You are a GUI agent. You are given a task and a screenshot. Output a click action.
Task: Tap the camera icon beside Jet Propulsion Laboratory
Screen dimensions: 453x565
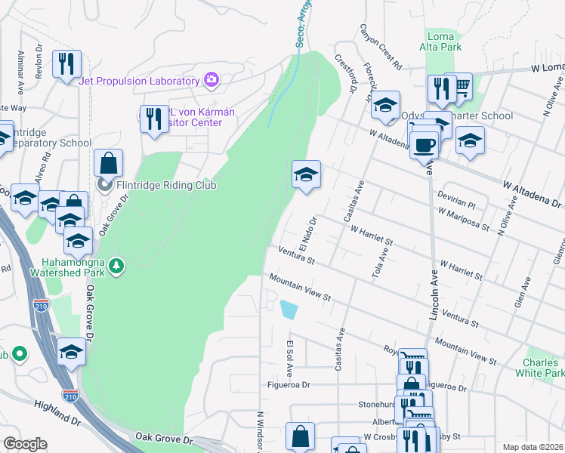click(211, 80)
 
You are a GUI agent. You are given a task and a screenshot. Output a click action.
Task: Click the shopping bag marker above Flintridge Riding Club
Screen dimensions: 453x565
click(109, 162)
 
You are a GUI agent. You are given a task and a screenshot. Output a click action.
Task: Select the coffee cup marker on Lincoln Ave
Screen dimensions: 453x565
click(425, 143)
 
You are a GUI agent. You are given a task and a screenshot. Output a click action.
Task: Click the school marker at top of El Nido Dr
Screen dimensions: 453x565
click(307, 174)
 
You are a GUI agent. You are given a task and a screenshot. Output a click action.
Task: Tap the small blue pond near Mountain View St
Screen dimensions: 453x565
click(289, 309)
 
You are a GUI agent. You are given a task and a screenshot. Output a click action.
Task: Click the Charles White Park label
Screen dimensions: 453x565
click(543, 368)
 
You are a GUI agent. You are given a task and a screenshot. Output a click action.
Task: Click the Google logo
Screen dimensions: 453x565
click(25, 444)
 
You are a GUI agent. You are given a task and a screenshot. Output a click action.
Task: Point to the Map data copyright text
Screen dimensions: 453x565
click(533, 446)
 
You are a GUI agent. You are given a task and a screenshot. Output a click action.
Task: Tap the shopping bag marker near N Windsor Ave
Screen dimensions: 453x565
click(300, 436)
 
